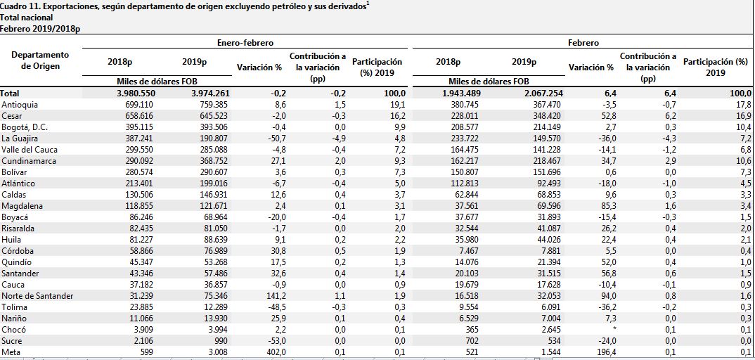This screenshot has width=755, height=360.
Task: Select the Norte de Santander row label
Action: tap(37, 296)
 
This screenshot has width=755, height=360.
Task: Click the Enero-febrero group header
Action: tap(245, 43)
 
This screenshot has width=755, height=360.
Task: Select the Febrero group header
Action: tap(583, 43)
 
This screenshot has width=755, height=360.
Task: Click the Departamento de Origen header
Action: tap(41, 60)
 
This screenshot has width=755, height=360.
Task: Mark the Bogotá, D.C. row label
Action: tap(25, 127)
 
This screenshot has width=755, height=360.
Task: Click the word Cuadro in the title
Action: tap(13, 7)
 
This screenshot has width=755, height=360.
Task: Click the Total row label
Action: tap(10, 94)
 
